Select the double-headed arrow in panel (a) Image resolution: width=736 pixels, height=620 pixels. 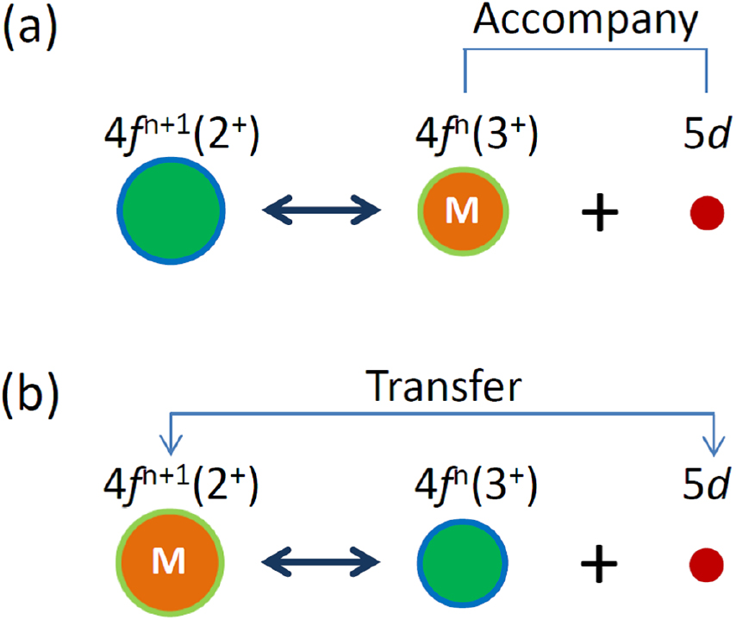click(x=321, y=210)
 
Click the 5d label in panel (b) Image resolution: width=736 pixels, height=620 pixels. click(x=706, y=489)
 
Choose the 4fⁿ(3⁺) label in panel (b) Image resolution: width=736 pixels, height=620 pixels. click(x=465, y=489)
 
